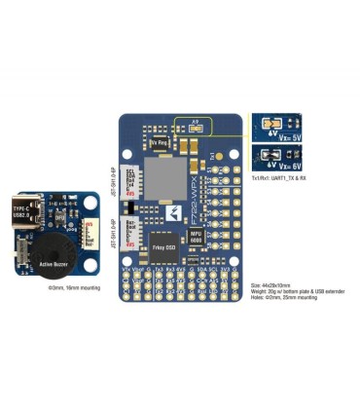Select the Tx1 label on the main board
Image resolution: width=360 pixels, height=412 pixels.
pos(213,156)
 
